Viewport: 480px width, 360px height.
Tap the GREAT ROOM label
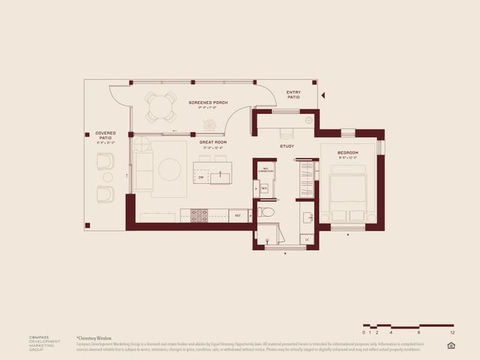pos(213,142)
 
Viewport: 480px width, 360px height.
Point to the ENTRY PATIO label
pos(293,95)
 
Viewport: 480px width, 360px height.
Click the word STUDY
pos(286,145)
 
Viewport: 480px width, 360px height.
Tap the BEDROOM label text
pos(348,153)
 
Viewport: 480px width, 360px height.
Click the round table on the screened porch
pos(160,106)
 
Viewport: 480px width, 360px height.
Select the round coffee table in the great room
pos(169,169)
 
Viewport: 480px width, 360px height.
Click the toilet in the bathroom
pos(267,212)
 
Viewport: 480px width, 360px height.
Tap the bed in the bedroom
pos(348,196)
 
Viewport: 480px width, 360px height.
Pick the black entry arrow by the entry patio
pos(323,96)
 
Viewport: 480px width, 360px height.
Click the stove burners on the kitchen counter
pos(199,215)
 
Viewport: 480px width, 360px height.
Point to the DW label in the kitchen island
pos(201,177)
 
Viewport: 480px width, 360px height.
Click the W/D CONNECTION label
pos(265,171)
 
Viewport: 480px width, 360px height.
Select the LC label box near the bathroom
pos(307,239)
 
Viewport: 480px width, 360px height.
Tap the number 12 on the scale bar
pos(452,331)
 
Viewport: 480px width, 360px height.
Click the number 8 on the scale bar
pos(418,331)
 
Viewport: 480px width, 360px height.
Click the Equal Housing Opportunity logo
pos(451,345)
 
